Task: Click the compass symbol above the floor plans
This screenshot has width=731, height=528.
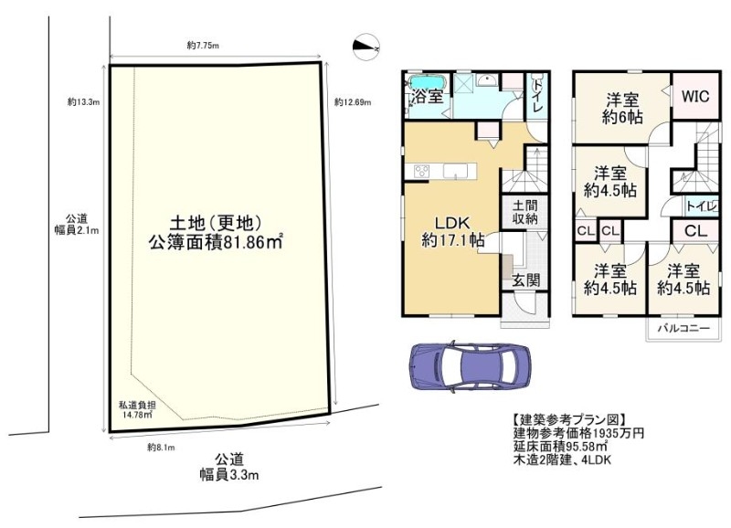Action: pyautogui.click(x=366, y=47)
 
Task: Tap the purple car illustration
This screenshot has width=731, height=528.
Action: pyautogui.click(x=470, y=366)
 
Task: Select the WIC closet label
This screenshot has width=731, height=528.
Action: pyautogui.click(x=695, y=97)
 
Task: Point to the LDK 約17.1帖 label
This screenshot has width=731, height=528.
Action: pyautogui.click(x=452, y=231)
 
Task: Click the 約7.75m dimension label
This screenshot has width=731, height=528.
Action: pyautogui.click(x=203, y=45)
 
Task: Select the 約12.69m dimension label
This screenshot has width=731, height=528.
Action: pyautogui.click(x=353, y=102)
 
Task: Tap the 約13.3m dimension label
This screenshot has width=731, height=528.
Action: pyautogui.click(x=83, y=102)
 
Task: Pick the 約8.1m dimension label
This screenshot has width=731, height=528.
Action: pyautogui.click(x=161, y=448)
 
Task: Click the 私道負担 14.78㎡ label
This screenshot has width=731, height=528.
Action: pyautogui.click(x=137, y=410)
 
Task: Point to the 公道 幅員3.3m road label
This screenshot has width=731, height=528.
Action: pyautogui.click(x=229, y=467)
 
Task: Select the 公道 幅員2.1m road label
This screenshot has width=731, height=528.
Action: pyautogui.click(x=77, y=224)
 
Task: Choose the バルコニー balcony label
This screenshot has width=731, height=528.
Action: pyautogui.click(x=683, y=328)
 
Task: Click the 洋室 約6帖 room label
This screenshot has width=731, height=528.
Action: pyautogui.click(x=622, y=108)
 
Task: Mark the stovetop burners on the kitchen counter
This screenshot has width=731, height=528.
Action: pyautogui.click(x=421, y=171)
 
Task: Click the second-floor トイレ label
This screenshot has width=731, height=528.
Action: pyautogui.click(x=702, y=206)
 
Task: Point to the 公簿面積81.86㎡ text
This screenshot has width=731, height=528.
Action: pyautogui.click(x=217, y=242)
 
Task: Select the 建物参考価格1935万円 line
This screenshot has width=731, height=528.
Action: pyautogui.click(x=578, y=433)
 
